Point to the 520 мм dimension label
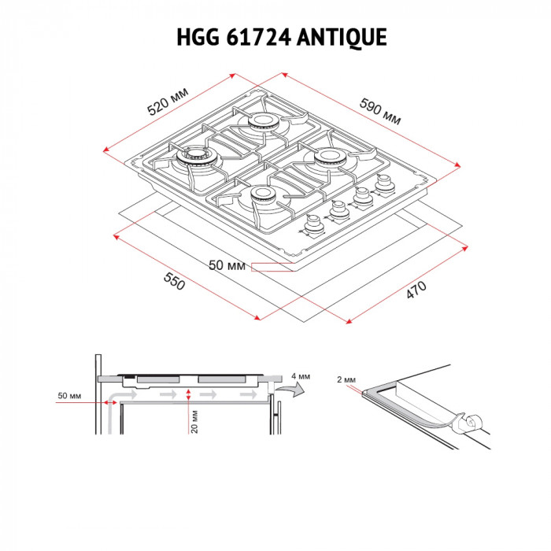(x=168, y=102)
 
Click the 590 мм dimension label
(x=381, y=111)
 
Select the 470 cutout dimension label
(x=416, y=289)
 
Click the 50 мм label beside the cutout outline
(x=227, y=266)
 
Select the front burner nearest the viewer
(x=260, y=196)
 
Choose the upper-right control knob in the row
(x=384, y=183)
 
